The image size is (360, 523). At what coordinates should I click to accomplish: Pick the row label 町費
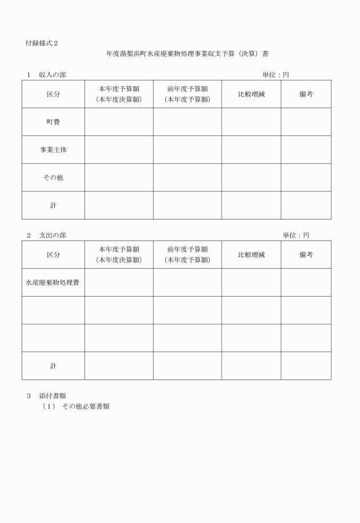[x=53, y=122]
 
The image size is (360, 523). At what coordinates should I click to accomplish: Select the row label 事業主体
[x=53, y=150]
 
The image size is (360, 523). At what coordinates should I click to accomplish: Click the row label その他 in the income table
[x=53, y=177]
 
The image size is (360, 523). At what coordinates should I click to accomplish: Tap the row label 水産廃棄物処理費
[x=53, y=282]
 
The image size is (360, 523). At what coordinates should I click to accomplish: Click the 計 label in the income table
[x=53, y=205]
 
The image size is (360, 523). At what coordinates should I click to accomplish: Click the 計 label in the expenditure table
[x=53, y=366]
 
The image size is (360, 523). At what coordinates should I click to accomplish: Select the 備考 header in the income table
[x=306, y=94]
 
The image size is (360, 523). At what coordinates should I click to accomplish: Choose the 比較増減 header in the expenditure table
[x=251, y=255]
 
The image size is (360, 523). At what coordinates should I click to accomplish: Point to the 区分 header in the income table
[x=53, y=94]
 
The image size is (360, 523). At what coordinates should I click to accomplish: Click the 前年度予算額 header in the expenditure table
[x=187, y=250]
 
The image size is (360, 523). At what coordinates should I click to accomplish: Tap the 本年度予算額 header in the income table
[x=119, y=89]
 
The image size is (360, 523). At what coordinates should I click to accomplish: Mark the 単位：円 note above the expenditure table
[x=296, y=235]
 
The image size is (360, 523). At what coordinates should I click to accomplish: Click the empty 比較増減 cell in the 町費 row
[x=251, y=122]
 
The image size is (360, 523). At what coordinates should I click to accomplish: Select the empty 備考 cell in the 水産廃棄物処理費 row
[x=306, y=282]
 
